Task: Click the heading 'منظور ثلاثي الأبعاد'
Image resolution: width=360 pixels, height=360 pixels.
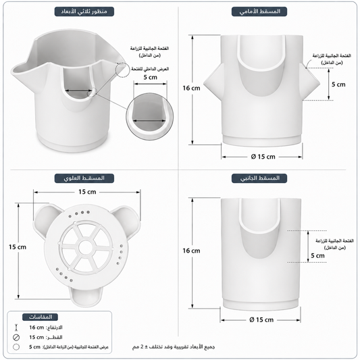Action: click(84, 11)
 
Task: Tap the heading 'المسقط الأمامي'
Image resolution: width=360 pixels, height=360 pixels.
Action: click(259, 11)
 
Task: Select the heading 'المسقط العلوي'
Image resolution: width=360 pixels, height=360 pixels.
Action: click(84, 178)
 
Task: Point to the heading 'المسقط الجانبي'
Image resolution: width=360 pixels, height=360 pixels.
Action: click(259, 178)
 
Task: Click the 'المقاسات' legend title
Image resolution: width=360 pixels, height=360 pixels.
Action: click(40, 317)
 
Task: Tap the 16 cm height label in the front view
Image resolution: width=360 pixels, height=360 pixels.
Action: click(191, 88)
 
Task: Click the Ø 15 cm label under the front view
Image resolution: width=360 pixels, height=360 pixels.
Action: click(263, 157)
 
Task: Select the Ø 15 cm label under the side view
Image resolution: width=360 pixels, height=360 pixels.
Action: click(261, 320)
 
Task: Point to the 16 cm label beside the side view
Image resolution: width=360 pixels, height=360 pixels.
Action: click(191, 251)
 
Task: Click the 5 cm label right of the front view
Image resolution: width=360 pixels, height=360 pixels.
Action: click(338, 84)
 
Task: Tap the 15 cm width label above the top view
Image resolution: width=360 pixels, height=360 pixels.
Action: click(87, 192)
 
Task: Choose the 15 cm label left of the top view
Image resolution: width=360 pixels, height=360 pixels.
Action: click(18, 247)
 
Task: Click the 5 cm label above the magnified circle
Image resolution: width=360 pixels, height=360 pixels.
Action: click(151, 78)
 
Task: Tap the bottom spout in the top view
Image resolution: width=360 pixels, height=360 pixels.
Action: click(86, 297)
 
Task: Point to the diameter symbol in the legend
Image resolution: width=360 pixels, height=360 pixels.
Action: click(16, 337)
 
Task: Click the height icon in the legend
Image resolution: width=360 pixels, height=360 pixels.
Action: click(16, 328)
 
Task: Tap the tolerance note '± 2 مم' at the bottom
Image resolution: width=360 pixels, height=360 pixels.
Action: click(139, 346)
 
